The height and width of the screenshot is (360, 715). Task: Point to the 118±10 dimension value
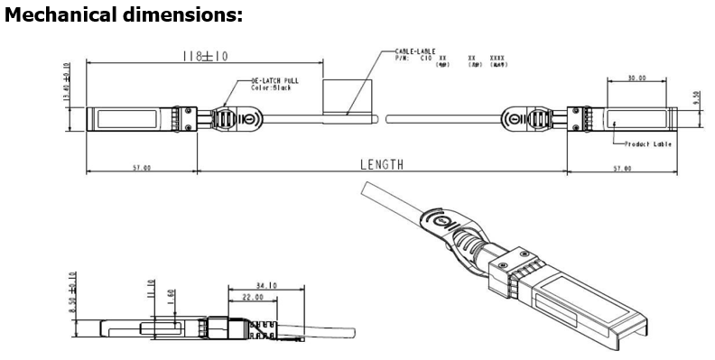pyautogui.click(x=205, y=56)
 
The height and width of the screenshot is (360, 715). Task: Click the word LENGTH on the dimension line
pyautogui.click(x=382, y=164)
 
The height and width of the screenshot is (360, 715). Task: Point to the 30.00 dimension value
pyautogui.click(x=636, y=78)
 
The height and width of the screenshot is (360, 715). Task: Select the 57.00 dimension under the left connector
pyautogui.click(x=142, y=168)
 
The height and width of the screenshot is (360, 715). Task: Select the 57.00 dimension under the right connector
pyautogui.click(x=622, y=168)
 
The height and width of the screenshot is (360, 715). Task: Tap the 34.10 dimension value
pyautogui.click(x=266, y=286)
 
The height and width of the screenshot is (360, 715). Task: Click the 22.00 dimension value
pyautogui.click(x=252, y=297)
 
